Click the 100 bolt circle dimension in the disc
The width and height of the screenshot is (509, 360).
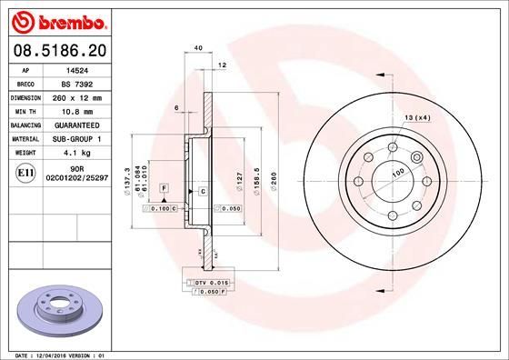(397, 172)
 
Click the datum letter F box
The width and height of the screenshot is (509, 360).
(163, 186)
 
